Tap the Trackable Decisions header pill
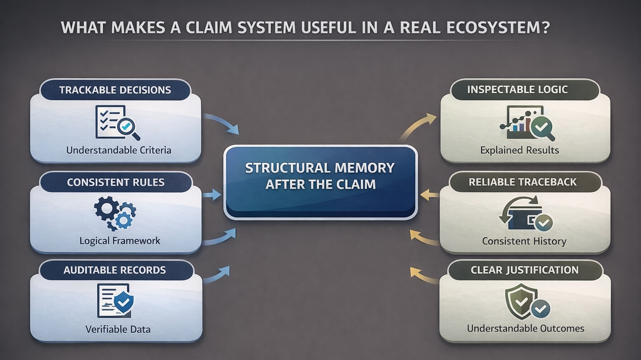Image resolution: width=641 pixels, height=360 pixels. [x=115, y=90]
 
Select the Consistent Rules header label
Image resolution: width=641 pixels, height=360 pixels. [x=116, y=182]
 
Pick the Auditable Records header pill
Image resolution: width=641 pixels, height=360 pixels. [x=115, y=270]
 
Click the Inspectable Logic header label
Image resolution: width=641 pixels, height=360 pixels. [x=517, y=90]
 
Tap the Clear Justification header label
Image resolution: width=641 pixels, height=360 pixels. [x=525, y=270]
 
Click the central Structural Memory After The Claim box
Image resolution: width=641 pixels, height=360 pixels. [x=320, y=182]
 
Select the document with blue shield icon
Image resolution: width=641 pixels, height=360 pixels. [x=115, y=300]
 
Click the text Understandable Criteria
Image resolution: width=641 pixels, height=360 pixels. [x=119, y=150]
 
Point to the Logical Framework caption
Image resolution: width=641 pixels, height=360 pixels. [x=120, y=241]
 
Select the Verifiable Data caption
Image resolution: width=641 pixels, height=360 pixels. [x=118, y=329]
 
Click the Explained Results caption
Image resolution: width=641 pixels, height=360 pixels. [x=520, y=150]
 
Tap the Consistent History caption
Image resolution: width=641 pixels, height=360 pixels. [x=524, y=241]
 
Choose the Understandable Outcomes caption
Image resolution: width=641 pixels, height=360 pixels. [x=525, y=328]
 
